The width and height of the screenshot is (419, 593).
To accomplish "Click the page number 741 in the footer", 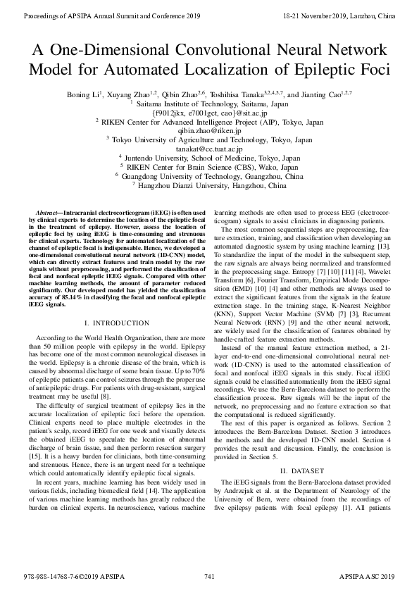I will pos(209,577).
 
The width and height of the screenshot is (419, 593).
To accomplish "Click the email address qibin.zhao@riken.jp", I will pos(209,131).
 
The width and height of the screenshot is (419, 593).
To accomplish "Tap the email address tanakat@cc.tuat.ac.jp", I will pos(209,149).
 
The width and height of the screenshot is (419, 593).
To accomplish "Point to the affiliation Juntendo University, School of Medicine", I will pos(209,158).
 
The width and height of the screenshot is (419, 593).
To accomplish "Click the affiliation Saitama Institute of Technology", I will pos(209,103).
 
